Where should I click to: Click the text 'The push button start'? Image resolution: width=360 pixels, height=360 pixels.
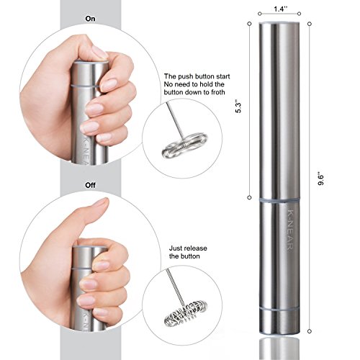pos(191,76)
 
